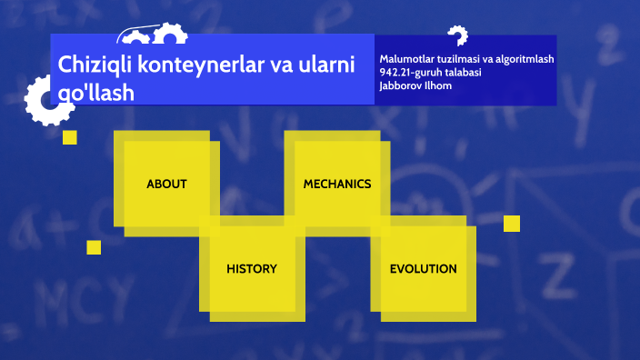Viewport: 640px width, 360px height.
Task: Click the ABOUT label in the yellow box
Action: point(166,184)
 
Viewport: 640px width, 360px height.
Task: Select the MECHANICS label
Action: point(337,184)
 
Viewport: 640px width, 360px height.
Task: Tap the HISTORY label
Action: point(252,269)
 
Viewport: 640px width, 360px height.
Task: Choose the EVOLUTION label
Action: point(423,269)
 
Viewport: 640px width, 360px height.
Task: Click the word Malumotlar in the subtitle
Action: point(406,59)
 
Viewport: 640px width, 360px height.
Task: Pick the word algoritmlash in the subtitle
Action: point(522,59)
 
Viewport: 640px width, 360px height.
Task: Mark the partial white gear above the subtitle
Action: point(456,36)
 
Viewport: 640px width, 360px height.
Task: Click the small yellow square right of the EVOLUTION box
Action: point(512,223)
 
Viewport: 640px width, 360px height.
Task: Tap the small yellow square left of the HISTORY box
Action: point(94,247)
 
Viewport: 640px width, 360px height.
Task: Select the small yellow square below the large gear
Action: point(69,137)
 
